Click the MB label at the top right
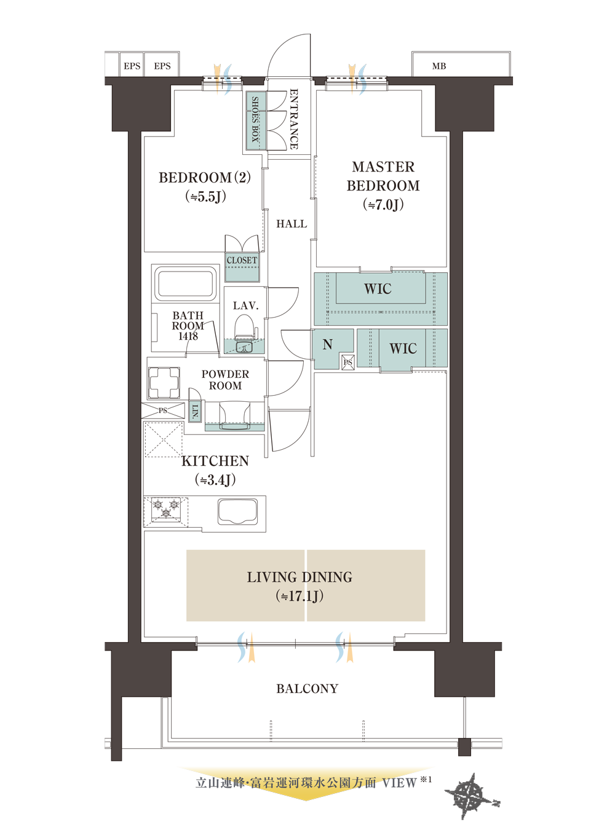tap(439, 66)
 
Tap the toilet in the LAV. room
tap(244, 327)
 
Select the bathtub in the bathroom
tap(185, 284)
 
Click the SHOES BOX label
tap(255, 119)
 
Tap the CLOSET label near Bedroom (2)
tap(242, 260)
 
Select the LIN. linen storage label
tap(195, 412)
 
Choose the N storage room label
tap(327, 344)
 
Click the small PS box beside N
tap(348, 362)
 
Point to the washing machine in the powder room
tap(164, 382)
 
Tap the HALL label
tap(292, 224)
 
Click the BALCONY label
tap(307, 689)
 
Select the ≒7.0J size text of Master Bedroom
tap(383, 204)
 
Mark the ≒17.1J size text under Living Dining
tap(300, 596)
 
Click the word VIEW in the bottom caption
tap(399, 783)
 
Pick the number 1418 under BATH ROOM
tap(188, 336)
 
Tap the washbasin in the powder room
tap(235, 417)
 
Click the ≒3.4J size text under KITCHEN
tap(215, 480)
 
